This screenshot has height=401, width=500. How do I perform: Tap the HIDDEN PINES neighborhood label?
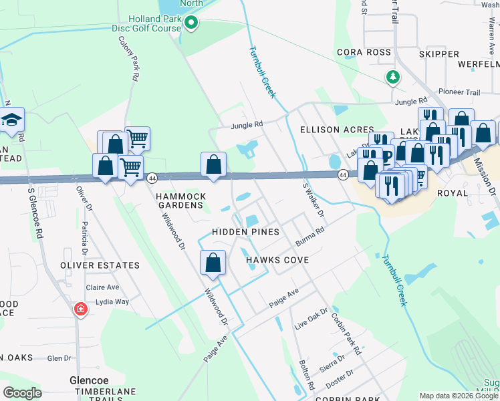(x=245, y=231)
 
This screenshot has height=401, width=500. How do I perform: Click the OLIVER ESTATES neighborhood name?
(x=100, y=265)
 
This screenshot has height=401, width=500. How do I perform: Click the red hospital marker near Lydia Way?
(x=80, y=309)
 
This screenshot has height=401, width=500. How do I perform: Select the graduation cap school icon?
(x=11, y=120)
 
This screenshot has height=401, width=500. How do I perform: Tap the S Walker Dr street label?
(x=314, y=199)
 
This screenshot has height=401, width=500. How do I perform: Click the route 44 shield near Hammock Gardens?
(x=152, y=178)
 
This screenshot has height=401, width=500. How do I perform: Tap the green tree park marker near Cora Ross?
(x=393, y=78)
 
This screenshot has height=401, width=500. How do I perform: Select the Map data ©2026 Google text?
(x=459, y=396)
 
